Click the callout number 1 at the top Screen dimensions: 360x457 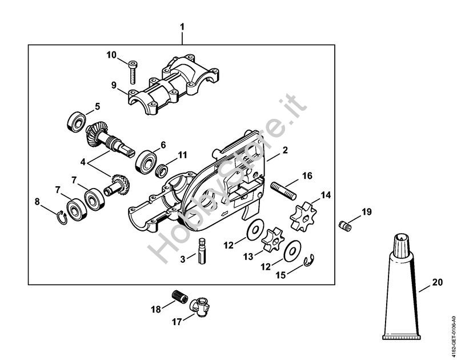click(182, 27)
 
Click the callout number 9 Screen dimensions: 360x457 click(114, 85)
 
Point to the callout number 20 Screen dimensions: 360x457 click(438, 282)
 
